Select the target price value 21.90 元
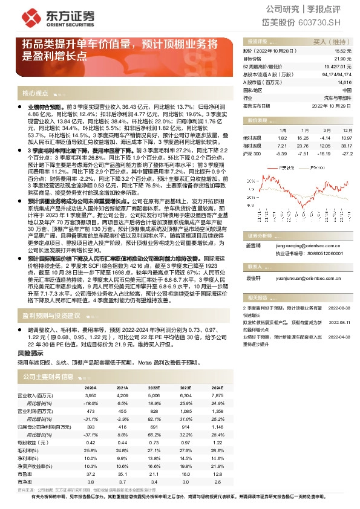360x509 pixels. point(343,59)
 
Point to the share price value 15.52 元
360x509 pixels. point(343,51)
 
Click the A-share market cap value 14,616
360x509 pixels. point(344,82)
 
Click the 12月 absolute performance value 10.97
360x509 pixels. point(346,137)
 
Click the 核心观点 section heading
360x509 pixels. point(35,94)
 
